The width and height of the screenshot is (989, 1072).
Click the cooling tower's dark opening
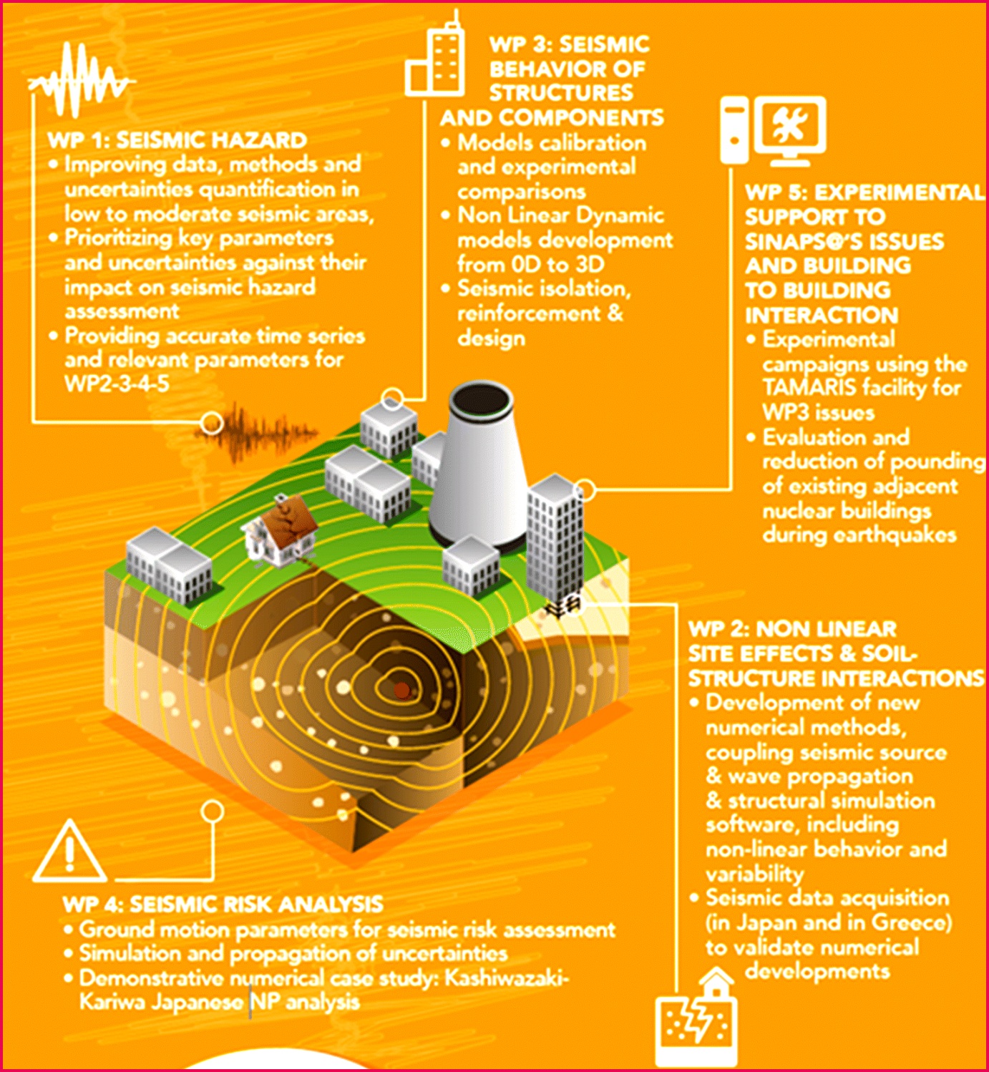pos(480,401)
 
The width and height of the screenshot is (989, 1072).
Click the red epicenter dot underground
pos(401,690)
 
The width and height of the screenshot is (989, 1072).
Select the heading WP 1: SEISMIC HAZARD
pos(177,140)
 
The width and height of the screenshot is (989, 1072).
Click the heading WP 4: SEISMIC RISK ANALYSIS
pos(223,904)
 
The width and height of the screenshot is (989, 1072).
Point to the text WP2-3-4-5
pos(117,384)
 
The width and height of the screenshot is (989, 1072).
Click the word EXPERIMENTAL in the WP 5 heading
pos(898,193)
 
